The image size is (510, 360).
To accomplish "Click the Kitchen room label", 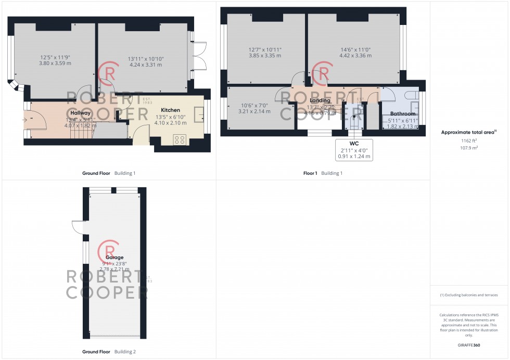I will click(170, 110).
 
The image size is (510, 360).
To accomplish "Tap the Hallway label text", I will click(81, 113).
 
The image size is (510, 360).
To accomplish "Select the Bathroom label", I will click(403, 114).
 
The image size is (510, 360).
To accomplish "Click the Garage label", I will click(114, 258).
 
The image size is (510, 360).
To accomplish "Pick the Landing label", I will click(320, 100).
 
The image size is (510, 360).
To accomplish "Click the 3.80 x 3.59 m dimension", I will click(55, 63).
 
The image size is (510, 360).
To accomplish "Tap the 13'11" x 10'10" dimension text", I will click(146, 59).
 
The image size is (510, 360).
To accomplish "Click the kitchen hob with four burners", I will click(180, 139).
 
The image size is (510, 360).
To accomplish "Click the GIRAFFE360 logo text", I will click(469, 346).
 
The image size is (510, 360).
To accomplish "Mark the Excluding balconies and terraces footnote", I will click(469, 295).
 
